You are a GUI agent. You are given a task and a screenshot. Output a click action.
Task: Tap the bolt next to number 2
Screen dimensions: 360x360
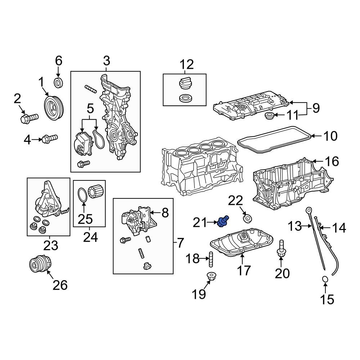pos(30,117)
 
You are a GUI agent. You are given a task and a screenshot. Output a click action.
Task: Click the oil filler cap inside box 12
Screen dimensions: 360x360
pos(184,84)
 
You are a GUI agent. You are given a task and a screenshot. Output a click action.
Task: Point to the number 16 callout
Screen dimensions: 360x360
pos(332,162)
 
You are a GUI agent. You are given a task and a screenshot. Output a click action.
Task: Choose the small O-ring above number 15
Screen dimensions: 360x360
pos(324,279)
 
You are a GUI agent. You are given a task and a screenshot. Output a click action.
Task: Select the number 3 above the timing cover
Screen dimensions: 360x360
pos(107,60)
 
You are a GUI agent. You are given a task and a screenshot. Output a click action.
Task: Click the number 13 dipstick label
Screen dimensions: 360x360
pos(294,226)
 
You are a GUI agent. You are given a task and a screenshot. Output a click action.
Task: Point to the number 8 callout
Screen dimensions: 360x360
pos(165,213)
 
